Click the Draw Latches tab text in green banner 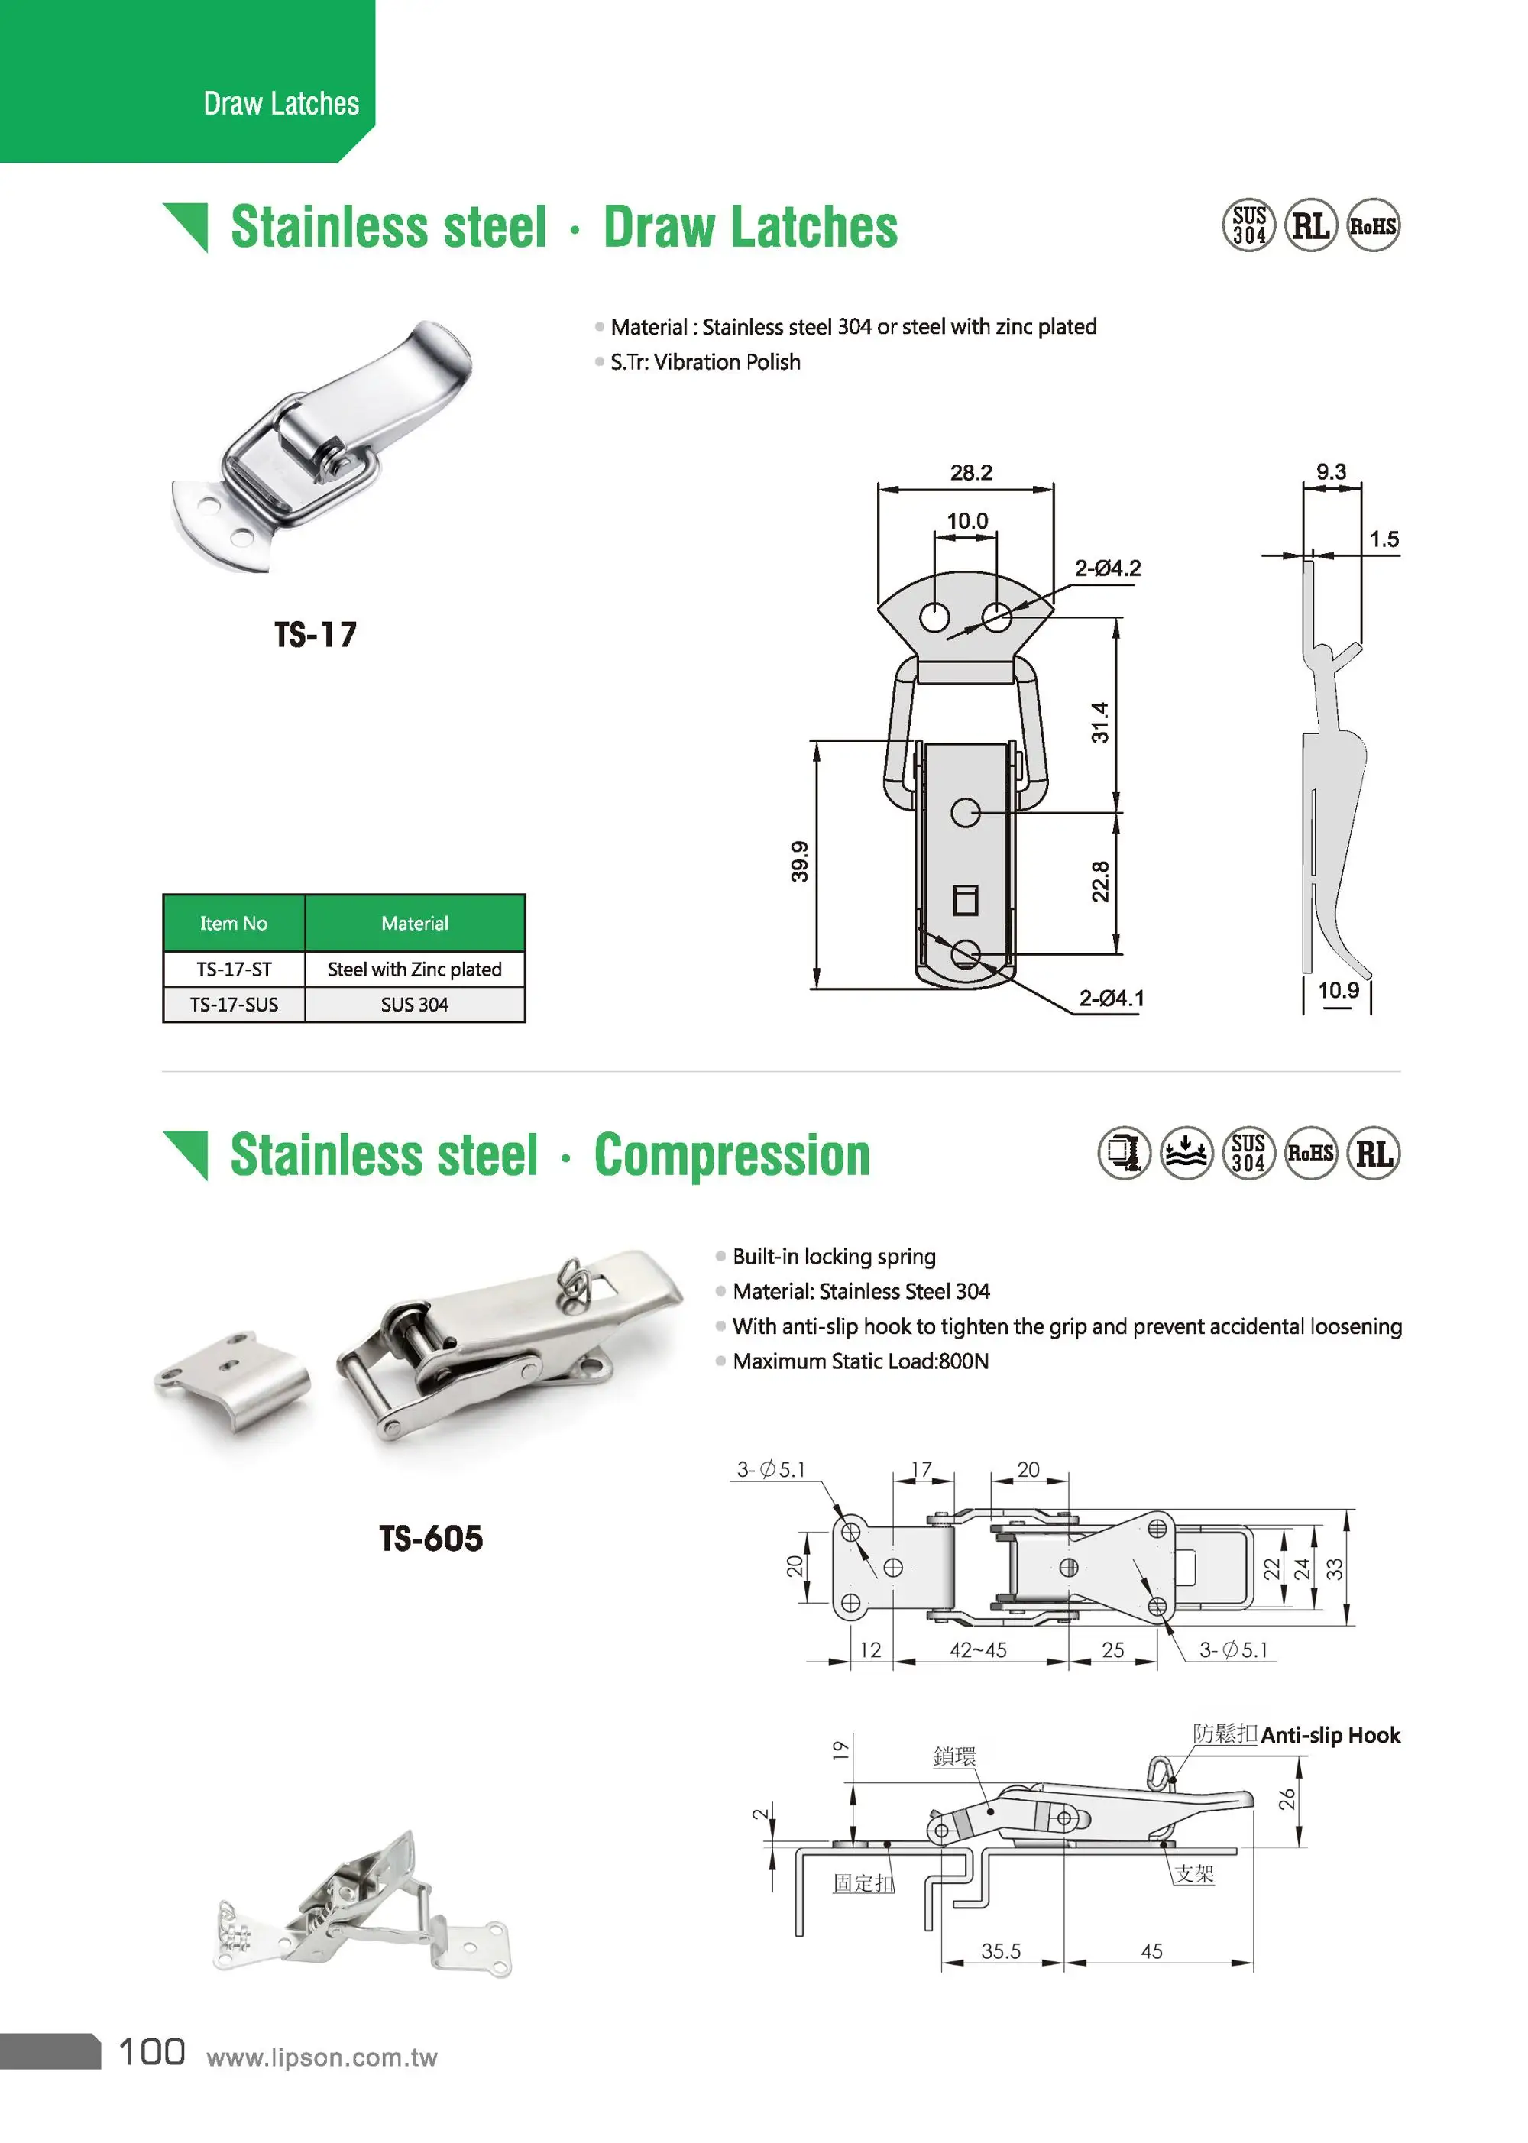(280, 103)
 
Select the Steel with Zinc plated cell (414, 969)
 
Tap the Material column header (414, 923)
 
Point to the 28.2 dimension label (970, 472)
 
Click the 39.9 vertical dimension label (799, 861)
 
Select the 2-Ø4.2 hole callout (1108, 568)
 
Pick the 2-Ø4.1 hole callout (1111, 998)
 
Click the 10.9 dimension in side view (1337, 991)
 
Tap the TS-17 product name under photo (316, 635)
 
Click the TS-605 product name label (430, 1539)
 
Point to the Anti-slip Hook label (1329, 1735)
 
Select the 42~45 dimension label (978, 1650)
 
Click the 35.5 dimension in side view (1000, 1951)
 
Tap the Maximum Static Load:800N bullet (860, 1361)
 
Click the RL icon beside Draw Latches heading (1311, 226)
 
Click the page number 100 (151, 2052)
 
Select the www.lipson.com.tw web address (322, 2057)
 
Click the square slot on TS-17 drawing (966, 899)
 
